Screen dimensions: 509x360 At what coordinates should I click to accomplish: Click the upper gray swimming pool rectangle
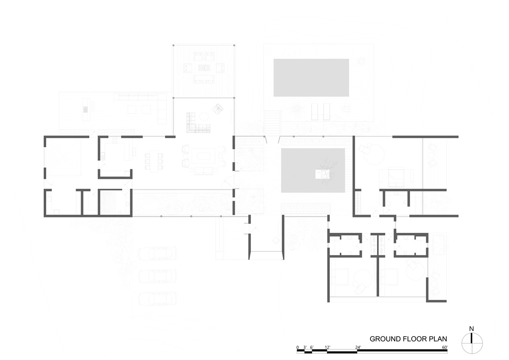(311, 78)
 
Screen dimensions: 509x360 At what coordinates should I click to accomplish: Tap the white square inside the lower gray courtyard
(322, 174)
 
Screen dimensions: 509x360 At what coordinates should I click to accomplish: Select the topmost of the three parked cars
(157, 254)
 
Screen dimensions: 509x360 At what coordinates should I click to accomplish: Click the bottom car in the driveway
(157, 299)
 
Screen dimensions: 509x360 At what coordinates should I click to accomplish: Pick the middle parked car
(157, 276)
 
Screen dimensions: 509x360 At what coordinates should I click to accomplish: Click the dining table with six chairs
(154, 162)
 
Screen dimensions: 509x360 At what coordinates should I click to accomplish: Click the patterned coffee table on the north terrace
(204, 68)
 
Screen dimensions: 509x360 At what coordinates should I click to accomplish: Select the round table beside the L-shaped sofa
(204, 117)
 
